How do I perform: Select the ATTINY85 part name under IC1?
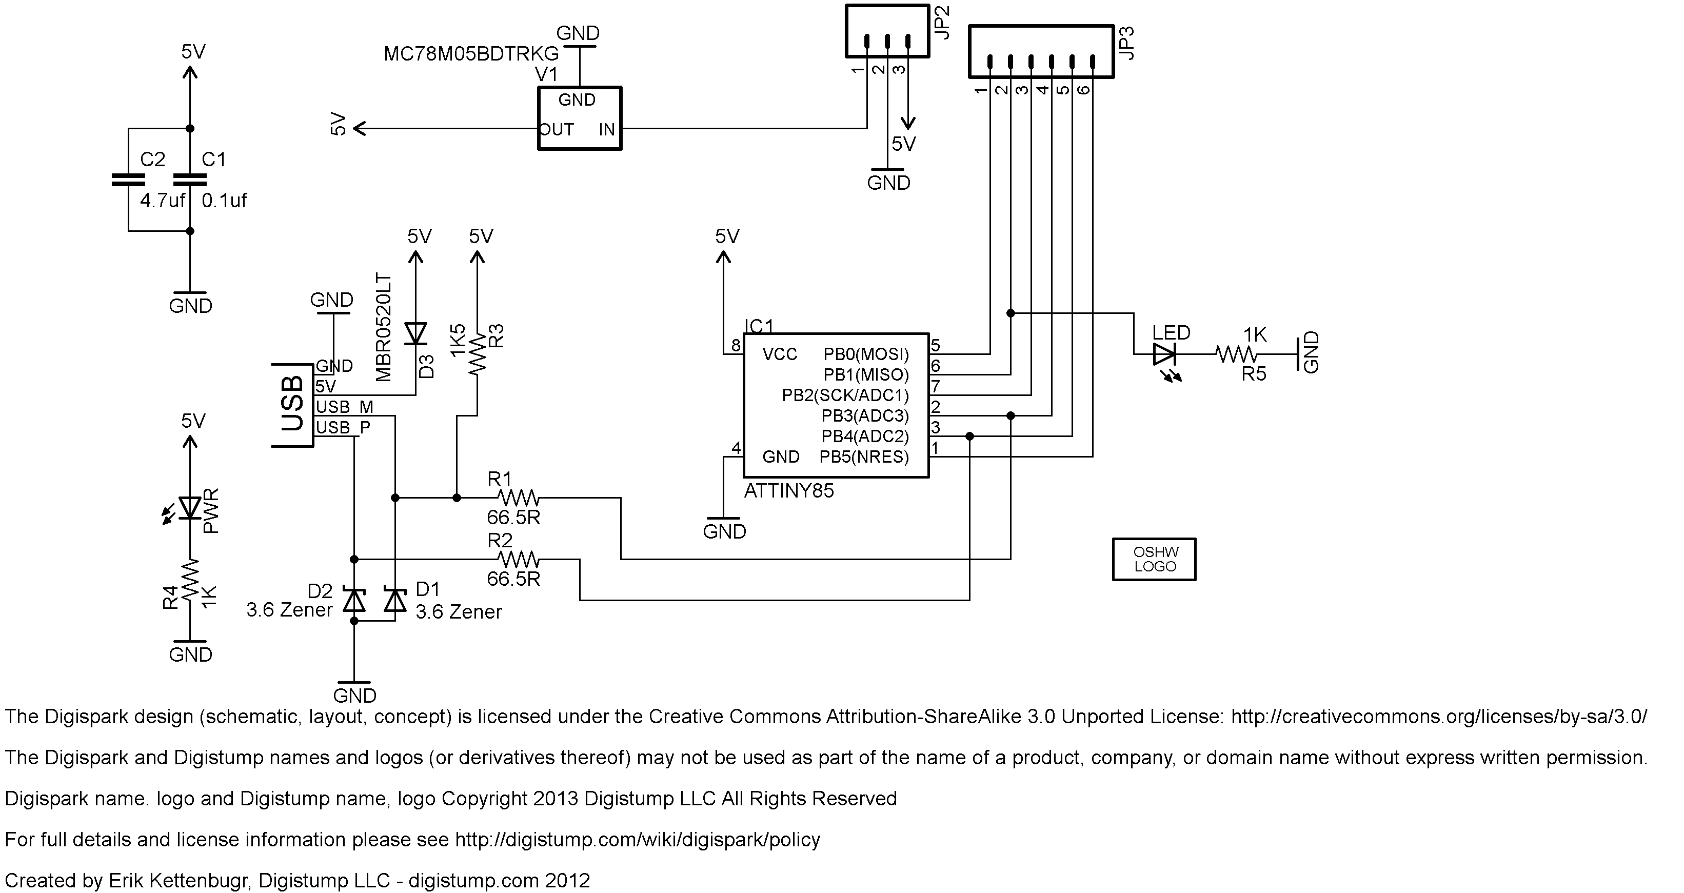pyautogui.click(x=789, y=491)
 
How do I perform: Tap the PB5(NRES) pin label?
pyautogui.click(x=864, y=457)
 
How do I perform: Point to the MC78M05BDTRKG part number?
pyautogui.click(x=471, y=54)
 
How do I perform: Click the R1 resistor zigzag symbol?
pyautogui.click(x=518, y=498)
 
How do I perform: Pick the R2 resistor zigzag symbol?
pyautogui.click(x=518, y=559)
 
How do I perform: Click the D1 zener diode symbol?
pyautogui.click(x=395, y=600)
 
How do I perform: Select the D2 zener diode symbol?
pyautogui.click(x=354, y=600)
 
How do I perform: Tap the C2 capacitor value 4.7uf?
pyautogui.click(x=163, y=200)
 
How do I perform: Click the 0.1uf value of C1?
pyautogui.click(x=224, y=200)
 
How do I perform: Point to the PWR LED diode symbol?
pyautogui.click(x=190, y=508)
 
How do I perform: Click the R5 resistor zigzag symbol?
pyautogui.click(x=1236, y=354)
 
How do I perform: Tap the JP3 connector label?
pyautogui.click(x=1126, y=43)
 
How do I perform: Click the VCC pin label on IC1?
pyautogui.click(x=780, y=354)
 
